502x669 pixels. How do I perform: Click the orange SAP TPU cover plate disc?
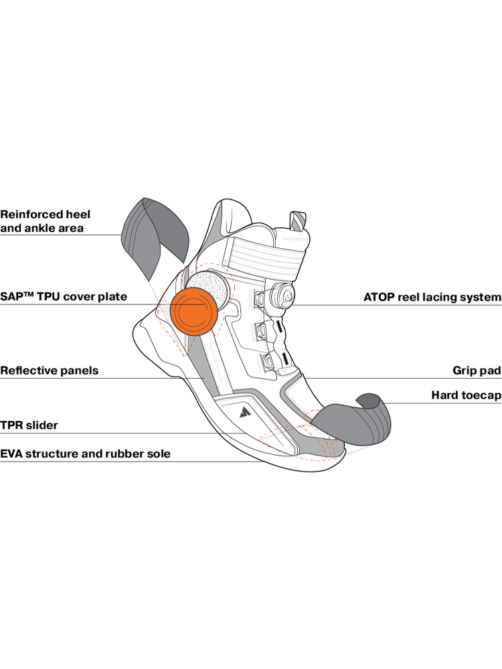[x=195, y=312]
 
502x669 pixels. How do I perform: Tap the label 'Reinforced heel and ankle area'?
[x=45, y=221]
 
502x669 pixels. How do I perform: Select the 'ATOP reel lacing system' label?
[x=432, y=296]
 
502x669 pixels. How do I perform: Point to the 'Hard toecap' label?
[x=466, y=395]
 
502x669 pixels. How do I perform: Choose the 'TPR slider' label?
[x=29, y=425]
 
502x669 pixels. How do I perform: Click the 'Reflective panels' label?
[x=49, y=370]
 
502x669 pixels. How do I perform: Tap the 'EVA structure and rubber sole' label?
[x=85, y=454]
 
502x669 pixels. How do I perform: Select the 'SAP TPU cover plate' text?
[x=63, y=296]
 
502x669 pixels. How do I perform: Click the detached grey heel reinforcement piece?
[x=153, y=234]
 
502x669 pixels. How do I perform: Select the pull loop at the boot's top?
[x=297, y=223]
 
